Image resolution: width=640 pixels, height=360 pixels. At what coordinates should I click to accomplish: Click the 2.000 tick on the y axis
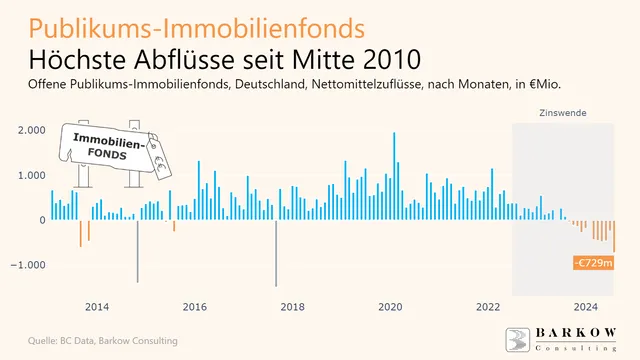[x=31, y=131]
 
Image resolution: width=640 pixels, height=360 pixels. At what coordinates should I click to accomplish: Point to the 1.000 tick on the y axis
[x=31, y=176]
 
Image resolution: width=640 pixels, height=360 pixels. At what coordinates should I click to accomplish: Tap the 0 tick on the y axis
[x=41, y=221]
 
